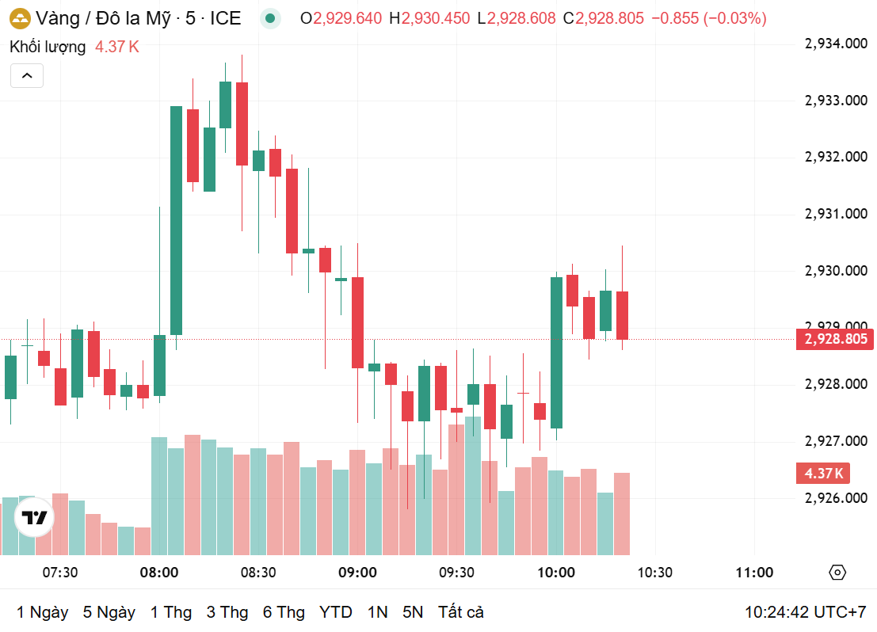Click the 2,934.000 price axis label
click(836, 44)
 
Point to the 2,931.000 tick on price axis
click(836, 214)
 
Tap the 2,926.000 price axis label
click(836, 497)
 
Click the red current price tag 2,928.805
click(836, 339)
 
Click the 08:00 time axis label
click(158, 573)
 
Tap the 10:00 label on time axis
click(556, 573)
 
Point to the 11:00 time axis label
click(754, 573)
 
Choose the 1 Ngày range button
click(42, 612)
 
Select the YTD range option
click(336, 612)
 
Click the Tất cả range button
click(460, 612)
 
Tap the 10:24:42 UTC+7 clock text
click(805, 612)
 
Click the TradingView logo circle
click(35, 519)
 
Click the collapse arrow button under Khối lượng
click(26, 76)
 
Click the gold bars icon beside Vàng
click(20, 18)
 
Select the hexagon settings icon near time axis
click(837, 573)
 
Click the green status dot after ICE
click(271, 18)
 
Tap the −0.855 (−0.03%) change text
click(708, 18)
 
